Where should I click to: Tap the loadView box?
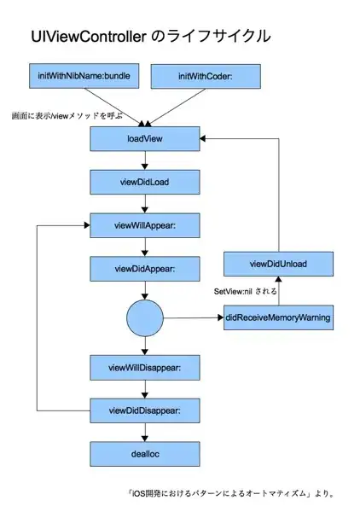pyautogui.click(x=144, y=138)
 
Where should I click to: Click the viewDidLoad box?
pyautogui.click(x=144, y=182)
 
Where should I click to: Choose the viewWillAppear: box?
pyautogui.click(x=144, y=226)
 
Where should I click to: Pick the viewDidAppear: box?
pyautogui.click(x=144, y=270)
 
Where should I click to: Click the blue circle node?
pyautogui.click(x=144, y=319)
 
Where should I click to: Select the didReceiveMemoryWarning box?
pyautogui.click(x=277, y=319)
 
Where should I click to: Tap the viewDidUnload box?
pyautogui.click(x=277, y=265)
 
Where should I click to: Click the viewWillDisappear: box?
pyautogui.click(x=144, y=369)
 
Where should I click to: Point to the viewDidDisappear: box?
pyautogui.click(x=144, y=411)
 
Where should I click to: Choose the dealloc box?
pyautogui.click(x=144, y=454)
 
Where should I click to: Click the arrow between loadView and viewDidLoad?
pyautogui.click(x=144, y=160)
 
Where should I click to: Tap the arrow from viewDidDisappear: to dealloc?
pyautogui.click(x=144, y=433)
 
